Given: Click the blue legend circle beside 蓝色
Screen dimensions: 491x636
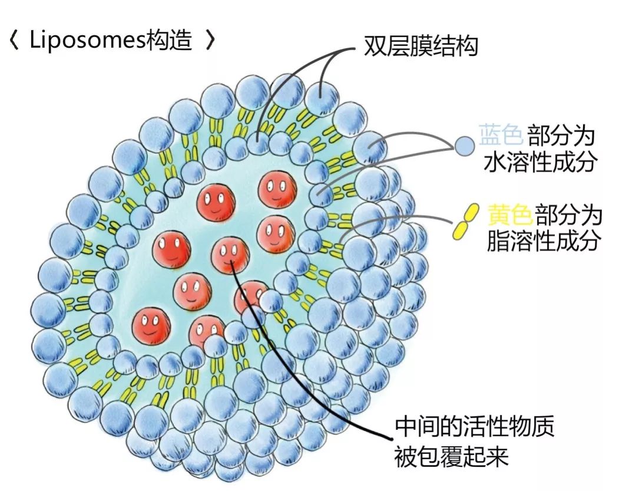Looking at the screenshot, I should [465, 144].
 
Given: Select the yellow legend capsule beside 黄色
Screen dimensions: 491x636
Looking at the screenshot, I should [464, 222].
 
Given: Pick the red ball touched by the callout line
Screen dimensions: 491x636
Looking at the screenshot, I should [230, 255].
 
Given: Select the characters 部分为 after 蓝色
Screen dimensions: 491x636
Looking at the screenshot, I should [561, 136].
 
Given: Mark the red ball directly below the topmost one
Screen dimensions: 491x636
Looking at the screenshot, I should [276, 232].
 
